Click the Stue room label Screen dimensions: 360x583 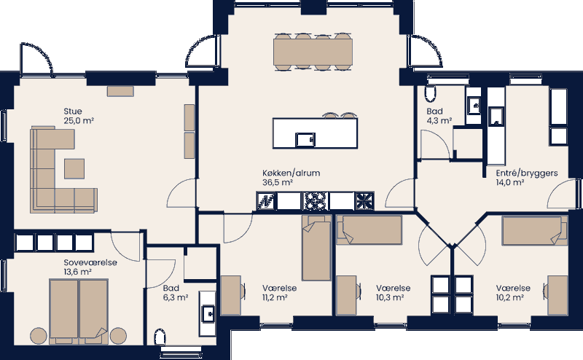[x=72, y=111]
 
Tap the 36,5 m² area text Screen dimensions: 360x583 [x=278, y=183]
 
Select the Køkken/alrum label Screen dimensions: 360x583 [x=291, y=173]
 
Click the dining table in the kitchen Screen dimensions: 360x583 [x=313, y=51]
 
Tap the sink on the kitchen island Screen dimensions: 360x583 [x=305, y=138]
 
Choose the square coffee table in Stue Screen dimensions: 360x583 [x=74, y=168]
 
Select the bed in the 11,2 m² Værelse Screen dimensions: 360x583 [x=316, y=250]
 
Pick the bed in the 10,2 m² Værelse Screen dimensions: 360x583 [x=534, y=232]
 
